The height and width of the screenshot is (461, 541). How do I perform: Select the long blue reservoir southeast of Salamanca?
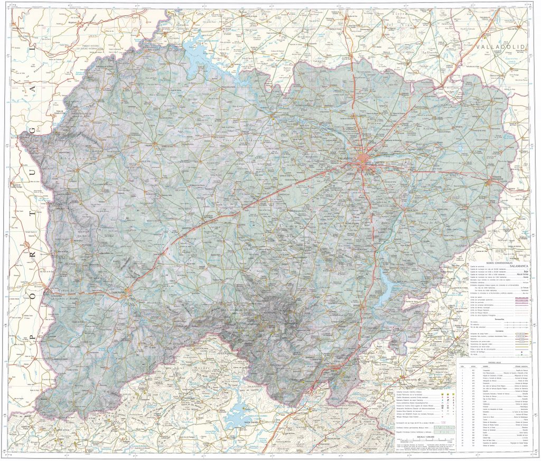[387, 286]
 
